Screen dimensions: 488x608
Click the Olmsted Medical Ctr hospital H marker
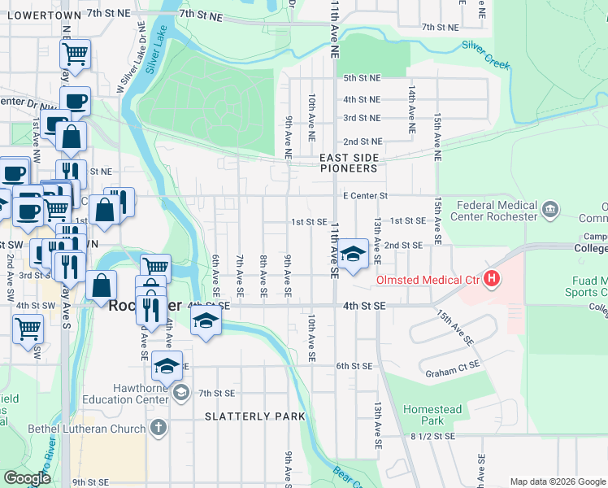pyautogui.click(x=491, y=280)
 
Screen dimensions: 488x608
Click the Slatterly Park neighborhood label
pyautogui.click(x=255, y=416)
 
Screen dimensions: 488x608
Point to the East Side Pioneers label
pyautogui.click(x=349, y=163)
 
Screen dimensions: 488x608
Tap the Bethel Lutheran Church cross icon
pyautogui.click(x=158, y=426)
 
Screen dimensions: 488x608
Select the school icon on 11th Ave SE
pyautogui.click(x=353, y=255)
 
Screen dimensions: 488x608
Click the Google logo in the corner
pyautogui.click(x=27, y=478)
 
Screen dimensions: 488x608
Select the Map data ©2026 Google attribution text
pyautogui.click(x=558, y=481)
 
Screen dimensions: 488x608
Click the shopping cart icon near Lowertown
pyautogui.click(x=75, y=54)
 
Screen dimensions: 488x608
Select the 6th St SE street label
pyautogui.click(x=354, y=366)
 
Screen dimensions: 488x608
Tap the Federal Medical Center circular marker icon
pyautogui.click(x=550, y=210)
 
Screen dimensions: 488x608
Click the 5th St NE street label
pyautogui.click(x=362, y=78)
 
